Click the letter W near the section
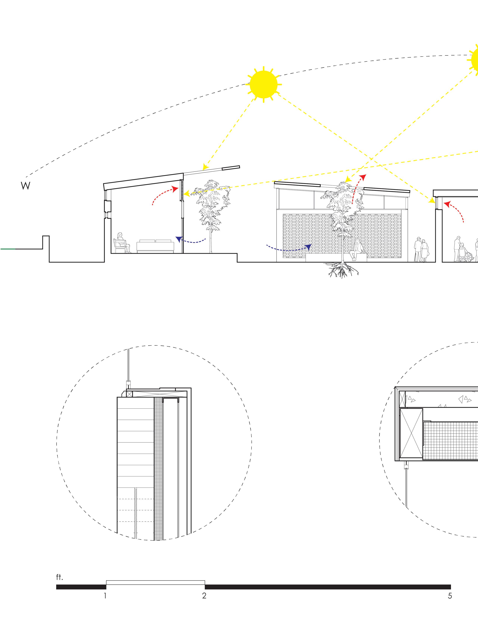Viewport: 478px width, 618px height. coord(25,186)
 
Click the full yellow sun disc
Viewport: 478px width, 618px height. coord(263,84)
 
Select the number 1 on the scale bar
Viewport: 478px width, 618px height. coord(105,595)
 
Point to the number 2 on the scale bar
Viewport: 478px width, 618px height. coord(204,595)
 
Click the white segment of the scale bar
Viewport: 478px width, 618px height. coord(155,582)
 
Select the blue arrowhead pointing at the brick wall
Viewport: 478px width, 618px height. coord(308,247)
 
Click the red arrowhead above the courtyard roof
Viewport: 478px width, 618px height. coord(363,177)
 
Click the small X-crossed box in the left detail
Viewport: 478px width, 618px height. coord(129,394)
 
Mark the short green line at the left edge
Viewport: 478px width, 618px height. coord(8,249)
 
